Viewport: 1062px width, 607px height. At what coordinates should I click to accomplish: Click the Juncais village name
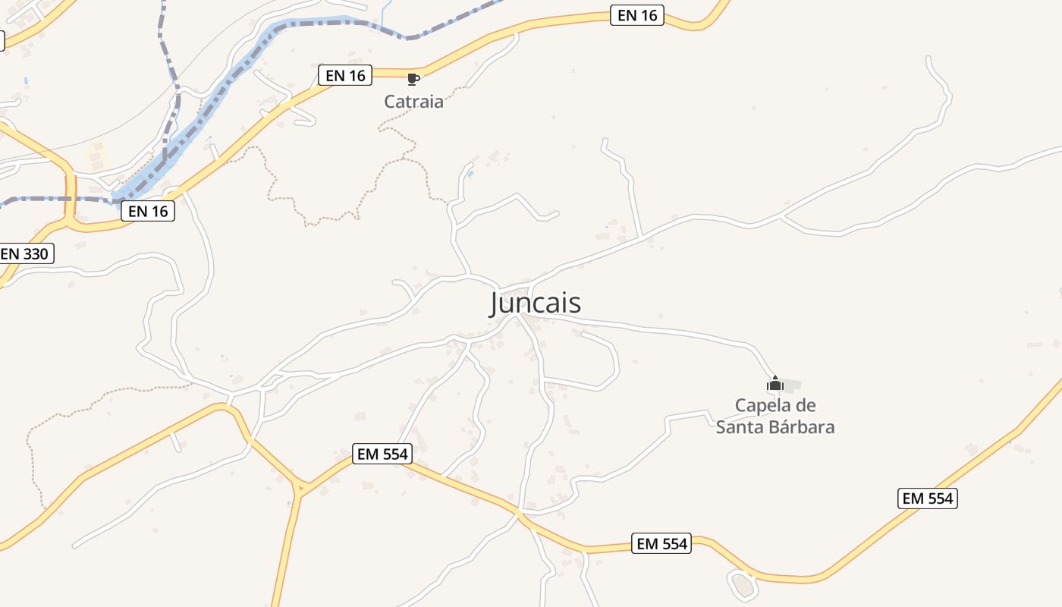[x=536, y=303]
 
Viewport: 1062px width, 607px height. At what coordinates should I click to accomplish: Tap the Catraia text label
[x=413, y=101]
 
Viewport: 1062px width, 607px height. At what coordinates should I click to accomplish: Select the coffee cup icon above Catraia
[x=413, y=79]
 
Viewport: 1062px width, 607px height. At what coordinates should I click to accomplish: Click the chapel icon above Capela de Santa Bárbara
[x=775, y=383]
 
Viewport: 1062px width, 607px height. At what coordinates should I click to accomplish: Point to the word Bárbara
[x=800, y=427]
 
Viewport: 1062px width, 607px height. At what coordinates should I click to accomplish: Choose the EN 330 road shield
[x=26, y=253]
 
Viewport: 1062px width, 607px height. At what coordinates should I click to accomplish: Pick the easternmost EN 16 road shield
[x=637, y=15]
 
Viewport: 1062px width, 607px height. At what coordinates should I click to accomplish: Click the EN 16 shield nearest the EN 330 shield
[x=148, y=211]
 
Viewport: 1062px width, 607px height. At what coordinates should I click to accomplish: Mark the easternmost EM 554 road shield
[x=928, y=498]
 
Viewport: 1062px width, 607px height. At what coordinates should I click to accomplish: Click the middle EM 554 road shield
[x=661, y=543]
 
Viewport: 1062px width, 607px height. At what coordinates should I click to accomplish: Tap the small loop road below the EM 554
[x=743, y=584]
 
